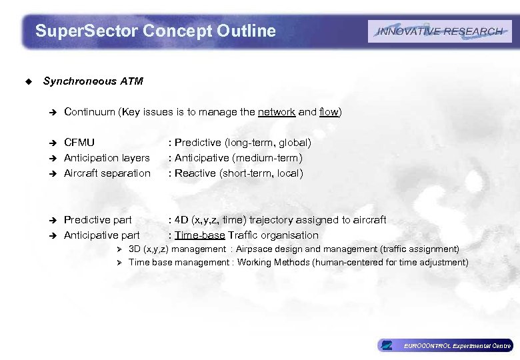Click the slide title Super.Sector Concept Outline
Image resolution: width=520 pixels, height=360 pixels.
tap(155, 31)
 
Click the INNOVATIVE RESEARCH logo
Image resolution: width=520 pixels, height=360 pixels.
tap(439, 31)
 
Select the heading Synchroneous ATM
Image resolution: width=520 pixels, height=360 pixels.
tap(93, 81)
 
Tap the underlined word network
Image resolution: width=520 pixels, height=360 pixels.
tap(277, 112)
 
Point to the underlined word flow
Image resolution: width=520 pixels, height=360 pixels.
tap(329, 112)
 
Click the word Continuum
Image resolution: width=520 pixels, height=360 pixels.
tap(89, 112)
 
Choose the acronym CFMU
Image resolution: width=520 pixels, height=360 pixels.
tap(79, 142)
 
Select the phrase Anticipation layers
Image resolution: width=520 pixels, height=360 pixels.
tap(107, 157)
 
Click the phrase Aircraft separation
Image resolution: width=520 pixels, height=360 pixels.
tap(107, 173)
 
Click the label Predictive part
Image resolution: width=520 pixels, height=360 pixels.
tap(97, 219)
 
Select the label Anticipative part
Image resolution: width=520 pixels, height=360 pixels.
tap(101, 235)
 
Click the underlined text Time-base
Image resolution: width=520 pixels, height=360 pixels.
tap(200, 235)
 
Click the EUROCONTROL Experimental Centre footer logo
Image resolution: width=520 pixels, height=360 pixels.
tap(445, 345)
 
